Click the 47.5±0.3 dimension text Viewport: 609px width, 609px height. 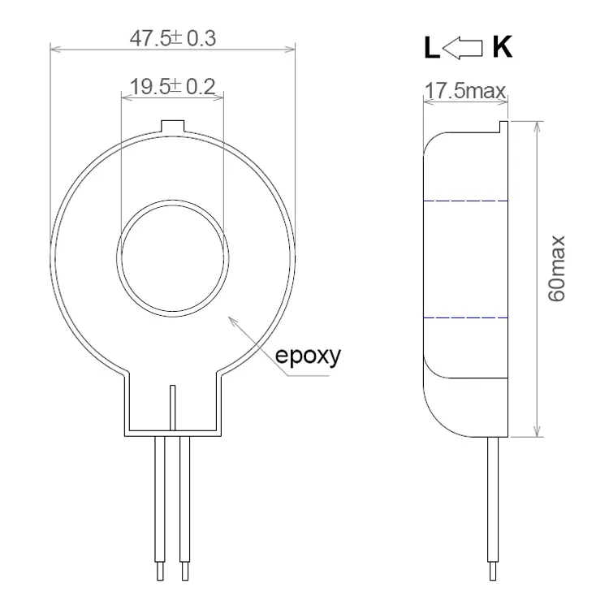(172, 38)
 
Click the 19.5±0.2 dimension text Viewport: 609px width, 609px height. (172, 87)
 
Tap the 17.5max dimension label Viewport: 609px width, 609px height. (466, 91)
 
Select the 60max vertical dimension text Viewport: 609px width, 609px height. (557, 269)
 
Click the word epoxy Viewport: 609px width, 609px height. (309, 356)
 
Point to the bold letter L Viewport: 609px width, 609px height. (430, 50)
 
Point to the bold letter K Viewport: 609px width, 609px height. (502, 49)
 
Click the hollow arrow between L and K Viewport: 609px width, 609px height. (465, 50)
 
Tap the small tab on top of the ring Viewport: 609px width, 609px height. (173, 127)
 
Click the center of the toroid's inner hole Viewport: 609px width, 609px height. (172, 253)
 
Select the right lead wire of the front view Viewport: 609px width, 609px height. (184, 503)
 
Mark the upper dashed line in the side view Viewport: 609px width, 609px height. (466, 200)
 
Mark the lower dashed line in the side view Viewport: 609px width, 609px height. (466, 317)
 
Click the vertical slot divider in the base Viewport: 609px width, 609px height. (173, 406)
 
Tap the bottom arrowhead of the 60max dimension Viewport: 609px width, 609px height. (537, 436)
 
